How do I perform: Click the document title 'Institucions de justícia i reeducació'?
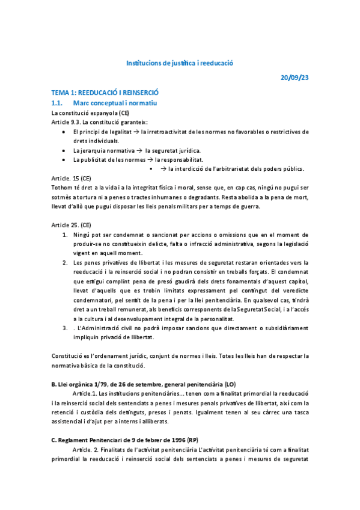pos(179,63)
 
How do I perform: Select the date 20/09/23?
pos(294,78)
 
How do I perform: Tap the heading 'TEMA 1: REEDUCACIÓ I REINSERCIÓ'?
pos(105,93)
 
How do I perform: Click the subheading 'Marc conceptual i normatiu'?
pos(115,103)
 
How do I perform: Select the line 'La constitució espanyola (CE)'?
pos(90,112)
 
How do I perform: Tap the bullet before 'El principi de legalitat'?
pos(65,131)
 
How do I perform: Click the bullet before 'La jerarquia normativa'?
pos(65,150)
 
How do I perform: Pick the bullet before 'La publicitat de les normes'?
pos(65,159)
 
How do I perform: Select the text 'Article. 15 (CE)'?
pos(72,178)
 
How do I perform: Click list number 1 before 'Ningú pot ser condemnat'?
pos(66,234)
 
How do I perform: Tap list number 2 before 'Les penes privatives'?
pos(66,262)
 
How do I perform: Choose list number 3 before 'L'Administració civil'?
pos(66,328)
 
